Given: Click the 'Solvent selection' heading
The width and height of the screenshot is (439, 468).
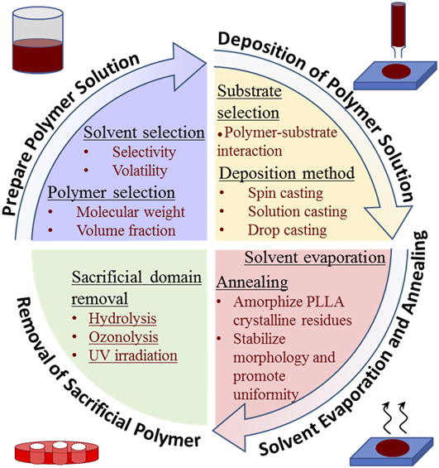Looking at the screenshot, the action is click(144, 133).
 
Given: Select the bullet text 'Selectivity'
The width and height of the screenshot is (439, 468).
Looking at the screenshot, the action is click(144, 152).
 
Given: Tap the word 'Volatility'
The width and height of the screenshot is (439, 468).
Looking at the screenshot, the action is click(140, 171).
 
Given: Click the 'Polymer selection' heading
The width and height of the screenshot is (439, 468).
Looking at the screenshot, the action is click(112, 192).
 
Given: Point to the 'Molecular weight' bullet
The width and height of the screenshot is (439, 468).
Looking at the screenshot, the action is click(131, 212).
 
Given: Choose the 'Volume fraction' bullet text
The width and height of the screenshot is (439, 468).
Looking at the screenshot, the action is click(126, 231).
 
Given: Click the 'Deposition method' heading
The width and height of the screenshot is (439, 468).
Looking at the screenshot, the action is click(287, 173).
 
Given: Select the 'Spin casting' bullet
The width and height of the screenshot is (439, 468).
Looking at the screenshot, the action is click(285, 193).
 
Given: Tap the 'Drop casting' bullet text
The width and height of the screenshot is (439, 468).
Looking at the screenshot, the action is click(288, 230).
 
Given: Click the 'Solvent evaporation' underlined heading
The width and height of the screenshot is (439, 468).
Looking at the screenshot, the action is click(315, 258).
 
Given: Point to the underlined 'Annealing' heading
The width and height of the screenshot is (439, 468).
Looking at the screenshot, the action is click(252, 282).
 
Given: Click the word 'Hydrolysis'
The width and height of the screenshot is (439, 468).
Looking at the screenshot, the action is click(122, 318).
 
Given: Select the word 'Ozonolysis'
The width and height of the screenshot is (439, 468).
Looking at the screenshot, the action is click(123, 337).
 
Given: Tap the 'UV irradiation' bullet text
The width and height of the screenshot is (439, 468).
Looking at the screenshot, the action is click(133, 356).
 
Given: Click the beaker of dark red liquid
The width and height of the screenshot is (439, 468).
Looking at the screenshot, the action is click(37, 40).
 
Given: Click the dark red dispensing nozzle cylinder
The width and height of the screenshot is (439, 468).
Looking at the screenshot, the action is click(398, 27).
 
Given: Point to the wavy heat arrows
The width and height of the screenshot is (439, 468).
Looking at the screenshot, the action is click(394, 417).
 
